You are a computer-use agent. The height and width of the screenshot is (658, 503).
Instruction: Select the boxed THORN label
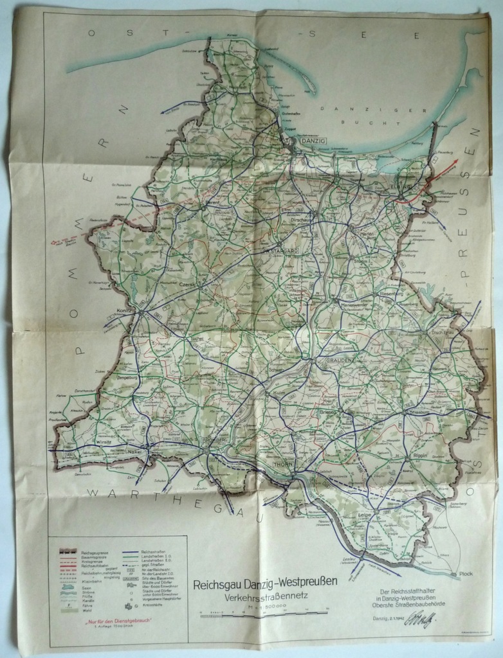coord(283,463)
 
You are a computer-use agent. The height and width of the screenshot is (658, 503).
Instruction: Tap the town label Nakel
coord(135,451)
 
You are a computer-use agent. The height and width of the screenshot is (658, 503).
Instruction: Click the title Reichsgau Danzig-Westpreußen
coord(265,583)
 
